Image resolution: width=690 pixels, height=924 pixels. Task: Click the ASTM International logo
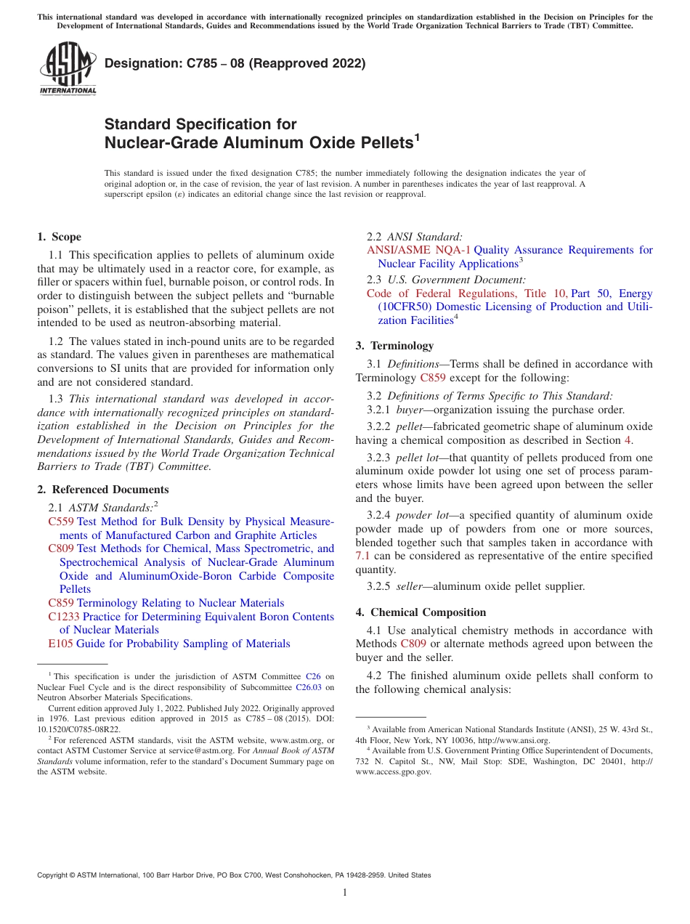[68, 70]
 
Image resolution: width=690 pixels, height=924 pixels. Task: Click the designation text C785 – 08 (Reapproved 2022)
[235, 64]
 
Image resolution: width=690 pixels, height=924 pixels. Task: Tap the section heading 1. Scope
[59, 237]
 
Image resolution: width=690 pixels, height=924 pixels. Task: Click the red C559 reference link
[61, 522]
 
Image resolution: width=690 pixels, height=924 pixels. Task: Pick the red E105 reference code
[60, 644]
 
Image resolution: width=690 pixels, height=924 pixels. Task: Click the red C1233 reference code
[64, 617]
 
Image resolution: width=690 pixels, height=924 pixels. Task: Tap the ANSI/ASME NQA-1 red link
[418, 250]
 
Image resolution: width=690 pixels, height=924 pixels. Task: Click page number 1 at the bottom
[345, 893]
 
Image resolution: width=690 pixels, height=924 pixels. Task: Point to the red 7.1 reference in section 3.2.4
[363, 556]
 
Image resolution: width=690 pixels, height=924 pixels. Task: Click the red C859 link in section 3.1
[433, 378]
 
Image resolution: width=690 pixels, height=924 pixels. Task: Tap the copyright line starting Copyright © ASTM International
[233, 875]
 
